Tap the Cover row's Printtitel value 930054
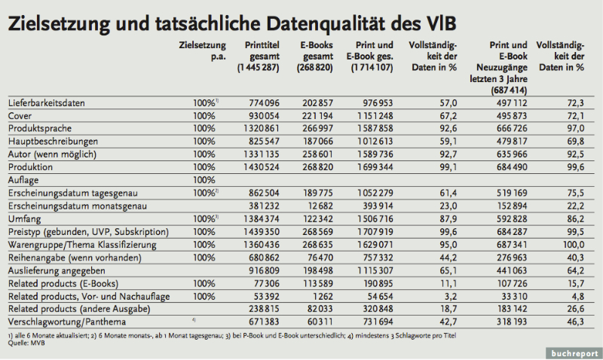click(x=263, y=117)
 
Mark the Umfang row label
click(x=23, y=218)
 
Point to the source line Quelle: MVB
click(x=24, y=342)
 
